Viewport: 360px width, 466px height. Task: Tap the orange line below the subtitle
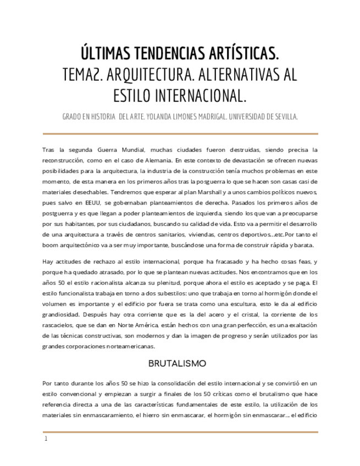pos(180,133)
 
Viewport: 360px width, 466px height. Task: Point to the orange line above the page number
pos(180,432)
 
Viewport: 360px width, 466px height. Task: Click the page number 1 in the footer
pos(46,439)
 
